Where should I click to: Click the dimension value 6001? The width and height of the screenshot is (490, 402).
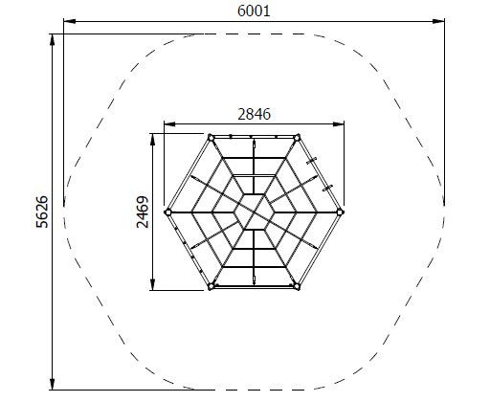[254, 11]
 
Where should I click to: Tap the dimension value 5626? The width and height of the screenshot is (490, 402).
[42, 212]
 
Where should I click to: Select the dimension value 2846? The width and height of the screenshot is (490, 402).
[254, 114]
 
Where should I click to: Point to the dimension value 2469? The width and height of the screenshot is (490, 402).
[143, 212]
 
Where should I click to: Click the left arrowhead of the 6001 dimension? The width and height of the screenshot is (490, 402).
[70, 21]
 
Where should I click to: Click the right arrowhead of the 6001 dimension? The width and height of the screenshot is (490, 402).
[438, 21]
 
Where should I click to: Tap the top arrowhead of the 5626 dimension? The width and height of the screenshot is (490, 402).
[53, 40]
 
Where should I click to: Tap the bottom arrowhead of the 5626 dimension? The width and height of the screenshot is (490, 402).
[53, 384]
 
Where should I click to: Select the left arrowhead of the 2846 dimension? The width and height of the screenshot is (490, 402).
[170, 124]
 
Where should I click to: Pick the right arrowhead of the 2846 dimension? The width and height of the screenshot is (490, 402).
[338, 124]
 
